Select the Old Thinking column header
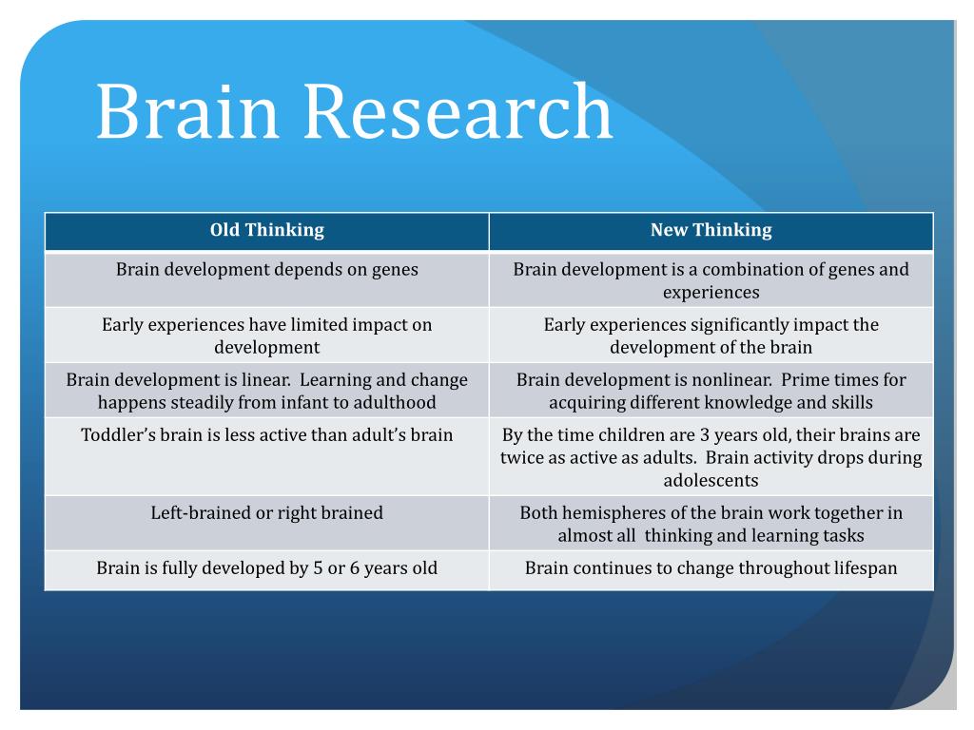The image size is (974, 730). [267, 230]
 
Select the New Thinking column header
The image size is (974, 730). [711, 230]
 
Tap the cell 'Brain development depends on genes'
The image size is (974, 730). [267, 269]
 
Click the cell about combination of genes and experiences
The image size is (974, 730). [711, 280]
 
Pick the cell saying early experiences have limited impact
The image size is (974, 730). [267, 336]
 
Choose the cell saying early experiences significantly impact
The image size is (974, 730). [711, 336]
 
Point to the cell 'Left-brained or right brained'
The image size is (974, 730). [267, 513]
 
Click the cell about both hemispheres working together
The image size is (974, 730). [711, 524]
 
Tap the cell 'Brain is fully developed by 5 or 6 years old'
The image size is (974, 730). [267, 568]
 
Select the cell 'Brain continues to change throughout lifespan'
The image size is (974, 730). [711, 568]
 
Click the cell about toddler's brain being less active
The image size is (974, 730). [267, 435]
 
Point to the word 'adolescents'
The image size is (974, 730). [711, 480]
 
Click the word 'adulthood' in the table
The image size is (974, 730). [393, 402]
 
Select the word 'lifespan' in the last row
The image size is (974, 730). [860, 568]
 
